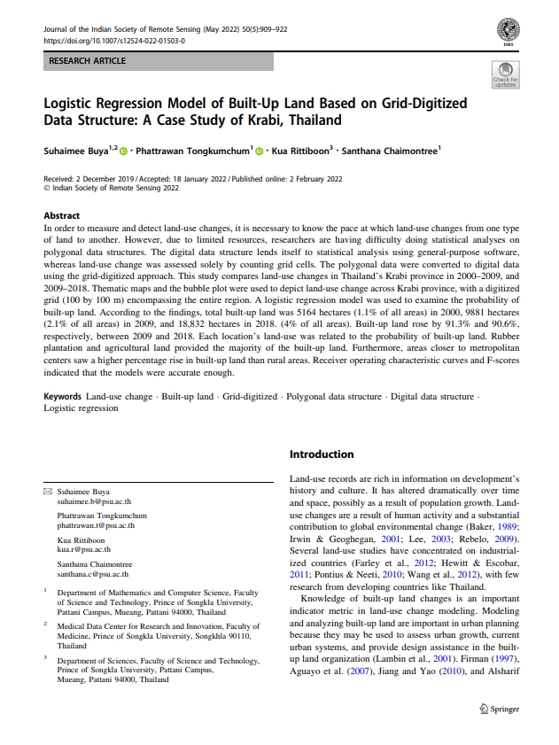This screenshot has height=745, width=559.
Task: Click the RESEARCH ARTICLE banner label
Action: click(x=87, y=61)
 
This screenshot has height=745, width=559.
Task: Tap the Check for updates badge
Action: click(x=505, y=74)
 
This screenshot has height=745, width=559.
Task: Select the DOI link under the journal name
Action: click(x=114, y=41)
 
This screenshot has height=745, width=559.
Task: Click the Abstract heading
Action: click(x=62, y=215)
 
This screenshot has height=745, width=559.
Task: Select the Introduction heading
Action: click(x=322, y=454)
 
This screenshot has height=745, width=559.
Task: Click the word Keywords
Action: click(x=63, y=397)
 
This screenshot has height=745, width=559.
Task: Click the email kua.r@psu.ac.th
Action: click(x=82, y=550)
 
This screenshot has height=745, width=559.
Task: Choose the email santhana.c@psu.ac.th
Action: click(x=93, y=574)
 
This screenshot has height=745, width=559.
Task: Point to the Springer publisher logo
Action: click(x=499, y=709)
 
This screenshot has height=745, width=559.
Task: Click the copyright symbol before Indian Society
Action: click(x=47, y=188)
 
